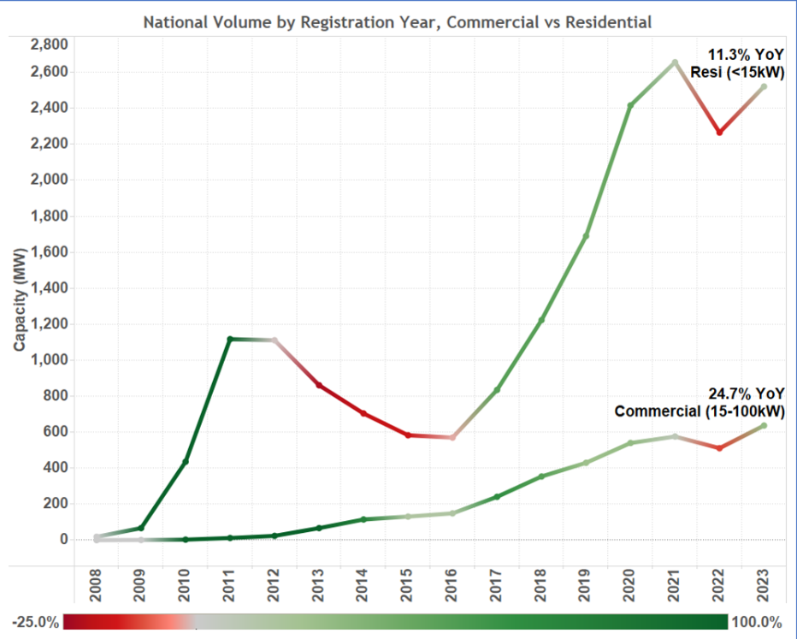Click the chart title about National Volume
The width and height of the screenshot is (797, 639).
(x=397, y=22)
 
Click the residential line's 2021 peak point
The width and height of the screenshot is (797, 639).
(x=675, y=62)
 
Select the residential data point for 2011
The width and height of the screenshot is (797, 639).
(x=230, y=340)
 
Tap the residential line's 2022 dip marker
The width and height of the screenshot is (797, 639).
(x=719, y=133)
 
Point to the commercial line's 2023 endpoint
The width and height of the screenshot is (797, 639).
(x=764, y=426)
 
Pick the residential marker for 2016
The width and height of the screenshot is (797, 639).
(x=452, y=437)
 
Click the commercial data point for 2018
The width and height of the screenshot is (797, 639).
(x=541, y=476)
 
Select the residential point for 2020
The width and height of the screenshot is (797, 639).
(x=630, y=106)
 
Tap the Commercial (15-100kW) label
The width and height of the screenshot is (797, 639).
(x=700, y=411)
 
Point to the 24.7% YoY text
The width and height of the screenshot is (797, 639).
(x=747, y=393)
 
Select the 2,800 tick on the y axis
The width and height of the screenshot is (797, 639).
(x=50, y=44)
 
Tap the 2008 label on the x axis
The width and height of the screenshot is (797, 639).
(x=97, y=591)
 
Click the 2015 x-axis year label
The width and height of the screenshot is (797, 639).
(x=408, y=591)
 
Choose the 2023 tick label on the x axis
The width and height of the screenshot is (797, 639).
(x=764, y=591)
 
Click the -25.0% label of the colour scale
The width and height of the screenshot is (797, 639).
(x=37, y=623)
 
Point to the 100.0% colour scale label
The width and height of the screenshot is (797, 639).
(x=759, y=623)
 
